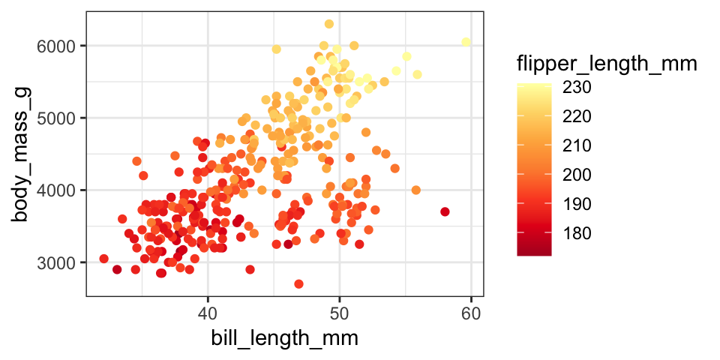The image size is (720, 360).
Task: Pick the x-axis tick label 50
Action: coord(340,310)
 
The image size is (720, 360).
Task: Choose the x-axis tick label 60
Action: coord(471,310)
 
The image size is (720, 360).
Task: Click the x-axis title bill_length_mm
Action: coord(284,338)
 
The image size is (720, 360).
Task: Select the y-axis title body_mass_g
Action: coord(21,154)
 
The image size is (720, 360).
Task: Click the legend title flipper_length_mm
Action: coord(607,65)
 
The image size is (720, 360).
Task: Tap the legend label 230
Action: coord(577,88)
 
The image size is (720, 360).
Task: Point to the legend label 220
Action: coord(577,116)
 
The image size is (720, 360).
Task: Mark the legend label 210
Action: coord(577,145)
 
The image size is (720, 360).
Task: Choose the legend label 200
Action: coord(577,175)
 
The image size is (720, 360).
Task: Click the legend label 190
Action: coord(577,204)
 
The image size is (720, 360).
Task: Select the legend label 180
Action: coord(577,233)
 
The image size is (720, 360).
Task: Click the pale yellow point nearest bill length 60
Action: coord(466,42)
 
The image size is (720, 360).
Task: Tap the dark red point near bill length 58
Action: coord(445,211)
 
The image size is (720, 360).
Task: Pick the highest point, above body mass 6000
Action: coord(328,24)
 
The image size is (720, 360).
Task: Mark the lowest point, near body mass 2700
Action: coord(298,283)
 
